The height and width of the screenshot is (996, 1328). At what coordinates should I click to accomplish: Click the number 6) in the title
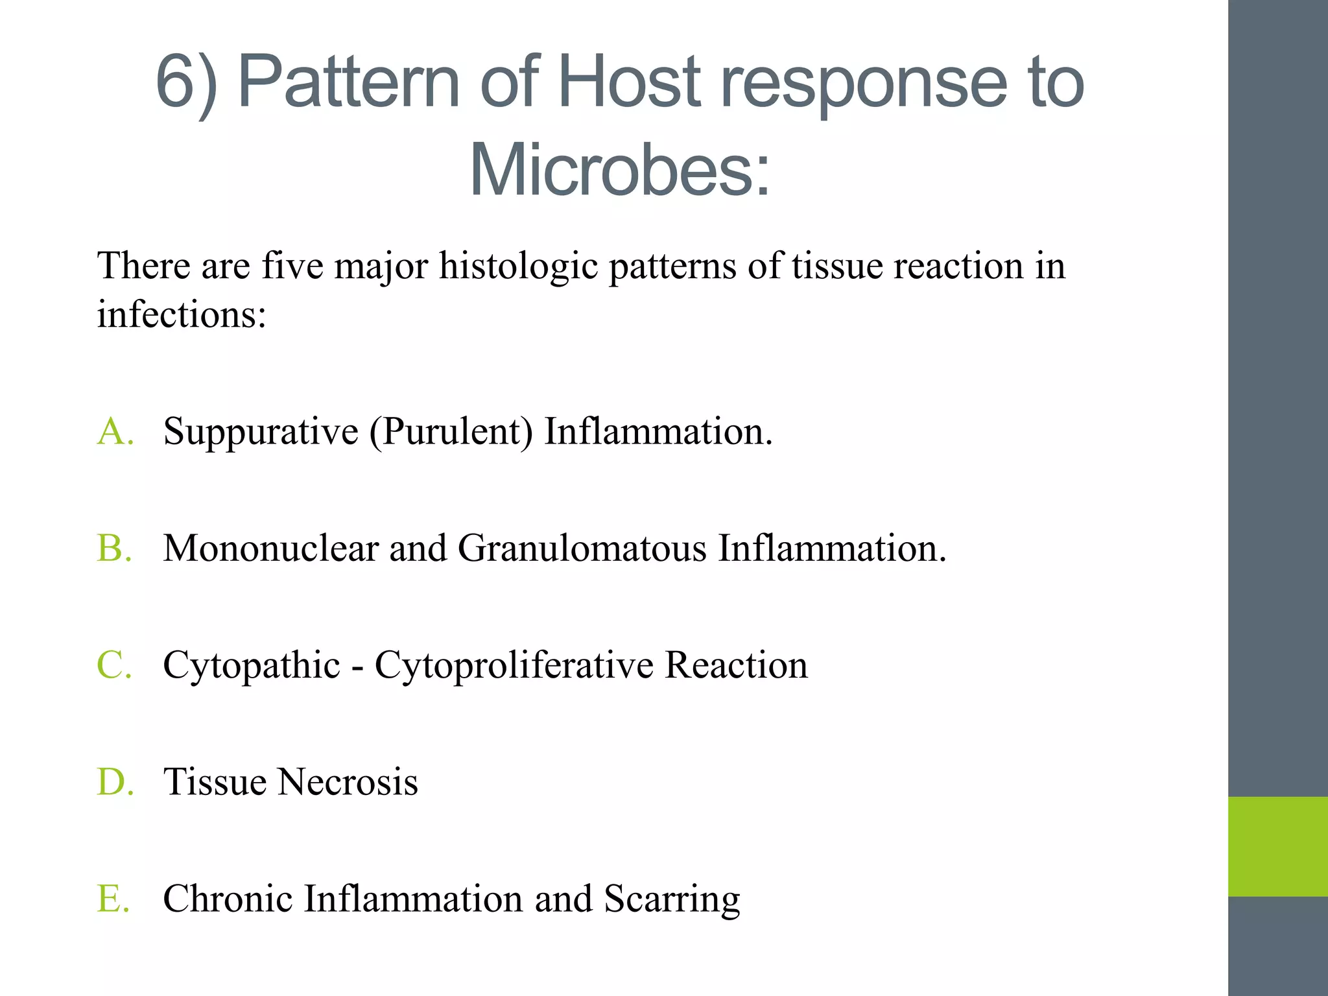(187, 83)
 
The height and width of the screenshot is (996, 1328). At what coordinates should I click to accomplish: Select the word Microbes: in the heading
(620, 170)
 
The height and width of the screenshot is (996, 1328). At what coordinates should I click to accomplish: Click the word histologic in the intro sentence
(518, 267)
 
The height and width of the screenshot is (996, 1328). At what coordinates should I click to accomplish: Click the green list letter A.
(114, 432)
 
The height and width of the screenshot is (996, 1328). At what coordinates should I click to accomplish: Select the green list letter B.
(114, 549)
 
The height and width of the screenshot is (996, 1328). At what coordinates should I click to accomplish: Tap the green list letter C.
(114, 665)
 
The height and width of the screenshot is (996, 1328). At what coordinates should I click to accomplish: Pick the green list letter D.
(114, 782)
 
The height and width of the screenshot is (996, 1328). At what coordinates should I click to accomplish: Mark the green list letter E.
(114, 899)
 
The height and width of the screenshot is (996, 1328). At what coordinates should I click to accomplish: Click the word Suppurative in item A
(261, 432)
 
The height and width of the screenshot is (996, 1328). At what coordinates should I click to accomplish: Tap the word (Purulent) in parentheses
(451, 432)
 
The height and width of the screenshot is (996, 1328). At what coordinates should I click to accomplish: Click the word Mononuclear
(270, 549)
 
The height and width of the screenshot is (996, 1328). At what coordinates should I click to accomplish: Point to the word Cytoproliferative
(514, 667)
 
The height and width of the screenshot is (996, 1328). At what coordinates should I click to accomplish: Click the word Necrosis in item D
(348, 782)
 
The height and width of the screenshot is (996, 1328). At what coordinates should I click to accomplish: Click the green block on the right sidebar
(1277, 846)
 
